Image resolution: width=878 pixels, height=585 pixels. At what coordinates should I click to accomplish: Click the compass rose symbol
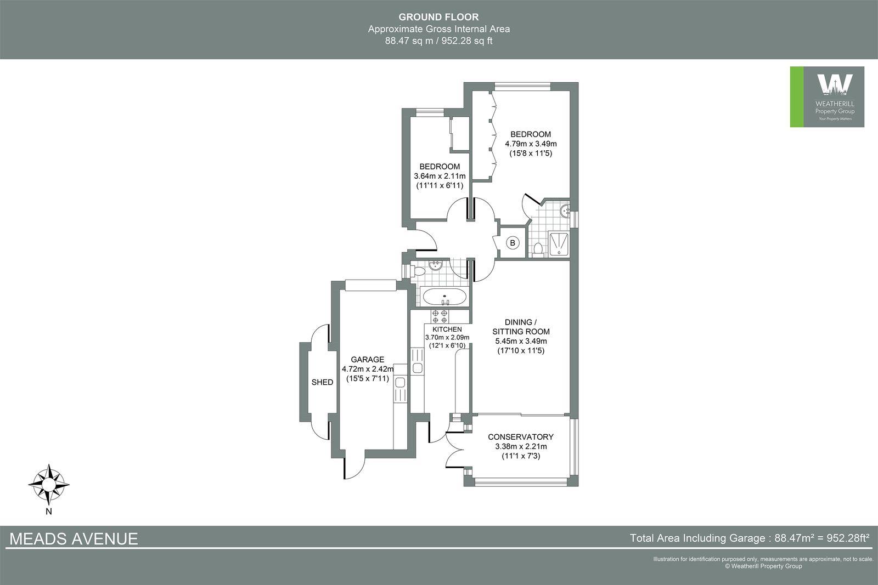(49, 485)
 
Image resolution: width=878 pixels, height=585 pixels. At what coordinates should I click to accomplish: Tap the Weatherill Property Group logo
(827, 97)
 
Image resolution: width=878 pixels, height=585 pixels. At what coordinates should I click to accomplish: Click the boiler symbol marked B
(513, 242)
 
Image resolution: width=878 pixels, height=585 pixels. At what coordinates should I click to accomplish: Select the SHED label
(322, 382)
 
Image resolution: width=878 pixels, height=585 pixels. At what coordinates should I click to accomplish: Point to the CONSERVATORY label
(520, 437)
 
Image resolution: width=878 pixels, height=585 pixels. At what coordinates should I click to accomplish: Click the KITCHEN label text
(443, 329)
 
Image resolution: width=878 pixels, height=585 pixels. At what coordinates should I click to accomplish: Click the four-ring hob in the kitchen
(440, 316)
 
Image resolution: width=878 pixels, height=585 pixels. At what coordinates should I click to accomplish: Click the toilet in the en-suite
(538, 249)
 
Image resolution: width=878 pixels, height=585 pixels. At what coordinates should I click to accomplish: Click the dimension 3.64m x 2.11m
(440, 176)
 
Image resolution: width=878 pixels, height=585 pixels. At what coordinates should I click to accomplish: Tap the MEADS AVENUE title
(74, 539)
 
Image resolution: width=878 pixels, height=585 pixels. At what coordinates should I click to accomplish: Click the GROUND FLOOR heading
(438, 18)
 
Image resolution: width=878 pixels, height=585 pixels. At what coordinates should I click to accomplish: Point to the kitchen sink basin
(417, 368)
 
